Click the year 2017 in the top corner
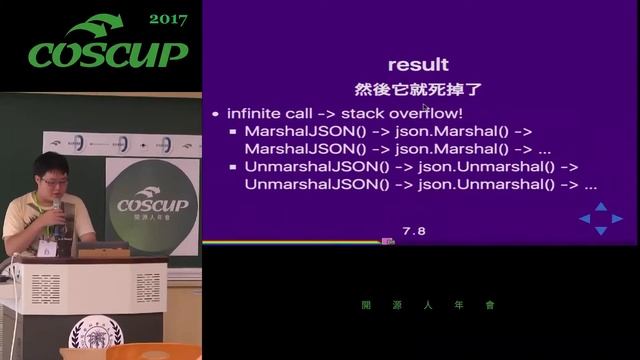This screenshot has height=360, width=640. point(168,19)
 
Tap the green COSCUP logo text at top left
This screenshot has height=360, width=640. point(106,54)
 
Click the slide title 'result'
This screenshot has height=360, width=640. point(418,65)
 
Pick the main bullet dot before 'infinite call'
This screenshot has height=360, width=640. point(216,114)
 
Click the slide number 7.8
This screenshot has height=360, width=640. point(414,231)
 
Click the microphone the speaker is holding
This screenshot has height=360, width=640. point(57,208)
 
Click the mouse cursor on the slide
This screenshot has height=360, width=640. point(425,108)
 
